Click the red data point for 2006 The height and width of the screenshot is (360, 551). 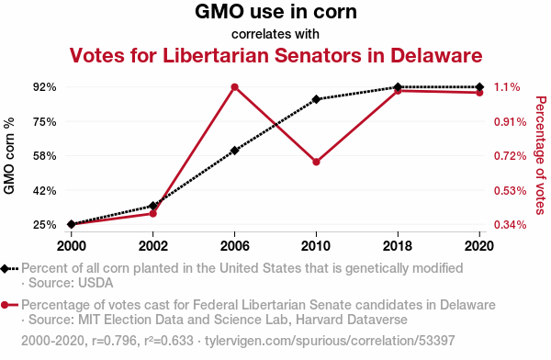point(235,87)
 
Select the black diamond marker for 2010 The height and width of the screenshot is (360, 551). point(316,99)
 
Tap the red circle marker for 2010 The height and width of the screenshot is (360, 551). point(316,162)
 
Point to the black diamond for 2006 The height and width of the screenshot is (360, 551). point(235,151)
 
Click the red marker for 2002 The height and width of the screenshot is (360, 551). point(152,213)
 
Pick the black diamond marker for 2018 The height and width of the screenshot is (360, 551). point(398,87)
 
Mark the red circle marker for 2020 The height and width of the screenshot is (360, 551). point(479,93)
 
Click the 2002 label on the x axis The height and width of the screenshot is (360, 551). point(152,246)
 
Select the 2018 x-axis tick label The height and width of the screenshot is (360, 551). point(398,246)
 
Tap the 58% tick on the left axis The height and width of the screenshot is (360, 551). point(45,156)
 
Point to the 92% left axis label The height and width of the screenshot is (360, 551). point(45,87)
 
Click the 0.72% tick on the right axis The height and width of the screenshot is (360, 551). point(511,156)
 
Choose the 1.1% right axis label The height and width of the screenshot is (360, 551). point(507,87)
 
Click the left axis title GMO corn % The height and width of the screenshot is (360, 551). point(9,156)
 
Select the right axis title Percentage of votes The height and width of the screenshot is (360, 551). point(541,155)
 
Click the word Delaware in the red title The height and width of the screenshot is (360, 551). point(436,55)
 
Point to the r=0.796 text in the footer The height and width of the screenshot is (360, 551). point(114,341)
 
